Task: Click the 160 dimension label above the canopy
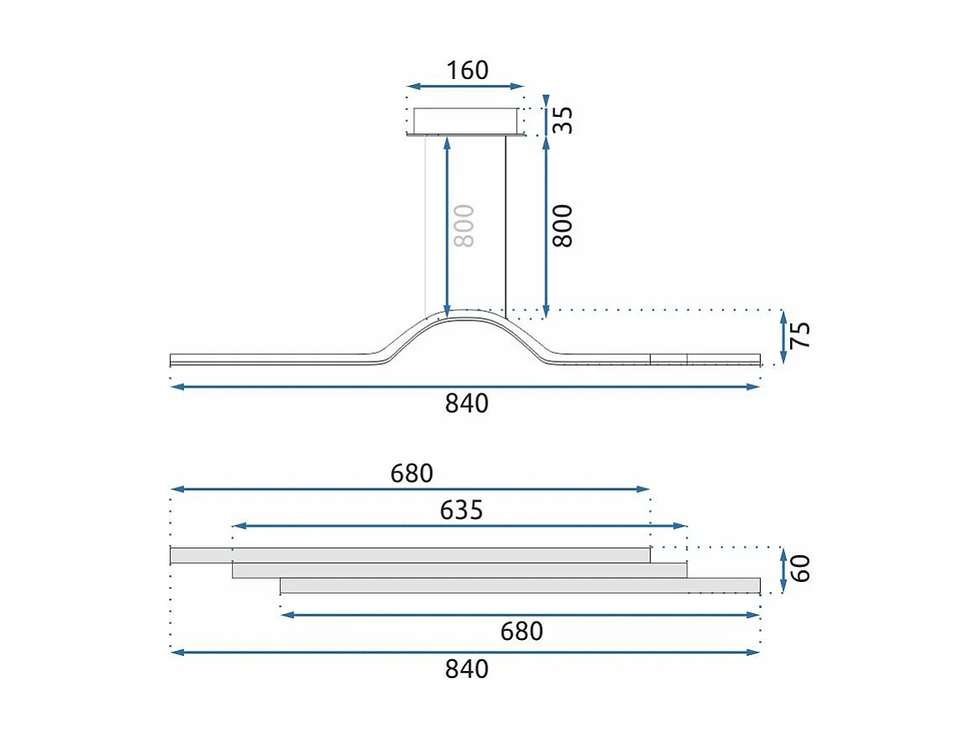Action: (467, 70)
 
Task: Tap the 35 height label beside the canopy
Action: (565, 120)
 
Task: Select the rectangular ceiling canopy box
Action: (464, 120)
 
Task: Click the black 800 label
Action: (561, 225)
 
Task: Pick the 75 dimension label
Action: (802, 336)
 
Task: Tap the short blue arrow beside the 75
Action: (783, 336)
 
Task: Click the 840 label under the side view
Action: (466, 404)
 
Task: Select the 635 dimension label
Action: (461, 510)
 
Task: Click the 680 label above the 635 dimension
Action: (411, 474)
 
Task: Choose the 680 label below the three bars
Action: (521, 631)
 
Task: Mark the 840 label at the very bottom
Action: (466, 669)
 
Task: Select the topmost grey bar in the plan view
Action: (410, 555)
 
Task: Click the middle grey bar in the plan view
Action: (460, 570)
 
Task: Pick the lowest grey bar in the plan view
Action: (520, 585)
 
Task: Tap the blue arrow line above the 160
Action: (465, 86)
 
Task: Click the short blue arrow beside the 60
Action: (783, 569)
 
